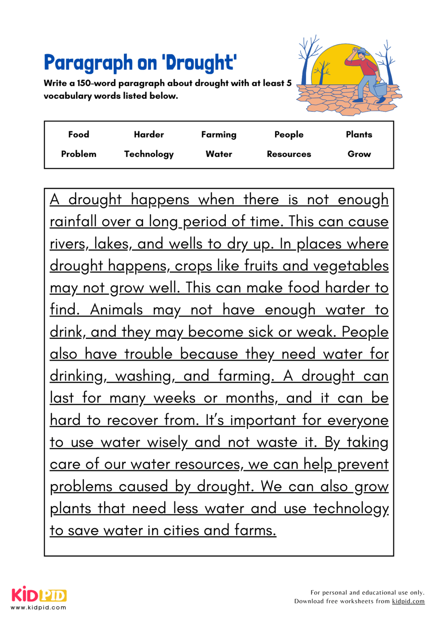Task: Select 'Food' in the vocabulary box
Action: [79, 135]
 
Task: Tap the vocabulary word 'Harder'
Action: [149, 135]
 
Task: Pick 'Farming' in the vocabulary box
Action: [219, 135]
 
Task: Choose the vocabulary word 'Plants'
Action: [359, 135]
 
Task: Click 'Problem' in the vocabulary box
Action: [79, 154]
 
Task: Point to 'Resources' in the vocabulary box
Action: [289, 154]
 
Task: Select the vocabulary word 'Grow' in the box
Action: [359, 154]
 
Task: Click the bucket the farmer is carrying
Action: [380, 88]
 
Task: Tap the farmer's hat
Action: [361, 51]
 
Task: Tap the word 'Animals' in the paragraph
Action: [117, 310]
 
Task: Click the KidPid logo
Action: [39, 596]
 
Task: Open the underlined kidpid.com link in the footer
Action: [408, 601]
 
